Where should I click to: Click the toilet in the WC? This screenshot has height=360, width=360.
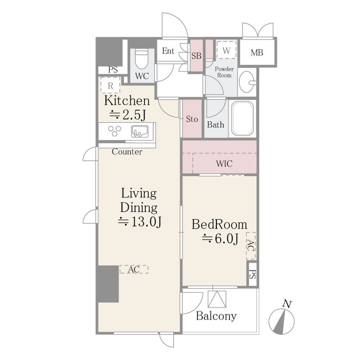pos(141,59)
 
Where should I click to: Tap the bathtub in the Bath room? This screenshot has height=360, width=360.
pos(243,118)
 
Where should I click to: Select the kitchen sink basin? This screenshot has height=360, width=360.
pos(140,131)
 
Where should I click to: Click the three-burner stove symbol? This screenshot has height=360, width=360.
pos(115,131)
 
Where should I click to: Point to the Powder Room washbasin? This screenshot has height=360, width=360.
pos(247,81)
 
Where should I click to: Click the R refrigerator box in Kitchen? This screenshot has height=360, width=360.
pos(110,85)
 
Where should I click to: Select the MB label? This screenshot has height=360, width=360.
pos(256,53)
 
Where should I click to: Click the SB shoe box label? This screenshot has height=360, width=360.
pos(196,56)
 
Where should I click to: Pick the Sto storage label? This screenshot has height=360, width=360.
pos(192,119)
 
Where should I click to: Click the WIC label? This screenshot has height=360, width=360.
pos(224,164)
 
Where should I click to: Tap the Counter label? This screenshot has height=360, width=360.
pos(127,152)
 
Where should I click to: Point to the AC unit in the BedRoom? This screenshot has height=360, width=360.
pos(251,246)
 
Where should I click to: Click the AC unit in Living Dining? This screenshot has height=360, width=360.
pos(134,269)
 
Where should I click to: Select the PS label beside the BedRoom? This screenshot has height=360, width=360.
pos(252,274)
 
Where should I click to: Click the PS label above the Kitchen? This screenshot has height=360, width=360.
pos(113,70)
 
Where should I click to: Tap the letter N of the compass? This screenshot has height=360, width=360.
pos(287,304)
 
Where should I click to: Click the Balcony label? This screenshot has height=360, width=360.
pos(216,316)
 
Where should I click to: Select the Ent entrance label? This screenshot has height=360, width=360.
pos(168,51)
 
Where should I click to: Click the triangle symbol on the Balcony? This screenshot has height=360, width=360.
pos(217,299)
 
